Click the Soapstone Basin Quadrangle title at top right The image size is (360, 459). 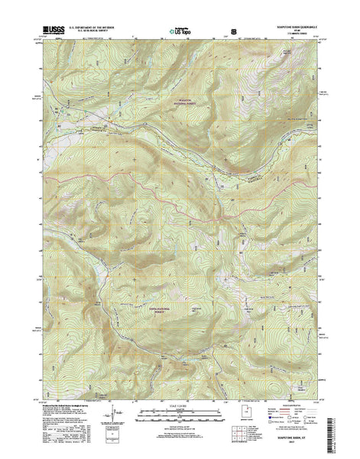pyautogui.click(x=290, y=30)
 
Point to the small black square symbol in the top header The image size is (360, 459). pyautogui.click(x=232, y=33)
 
